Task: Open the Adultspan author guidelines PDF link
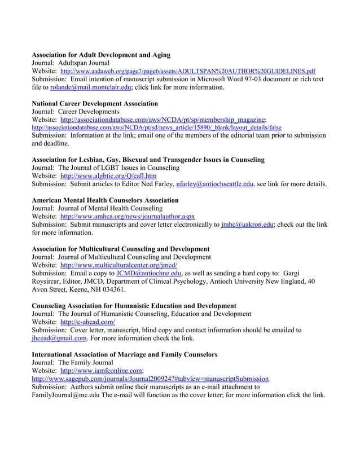pos(188,72)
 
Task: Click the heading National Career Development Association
pos(95,104)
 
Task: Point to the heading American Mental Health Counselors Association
pos(106,200)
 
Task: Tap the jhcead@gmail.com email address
pos(59,338)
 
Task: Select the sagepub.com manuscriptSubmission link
pos(150,379)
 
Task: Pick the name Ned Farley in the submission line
pos(155,184)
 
